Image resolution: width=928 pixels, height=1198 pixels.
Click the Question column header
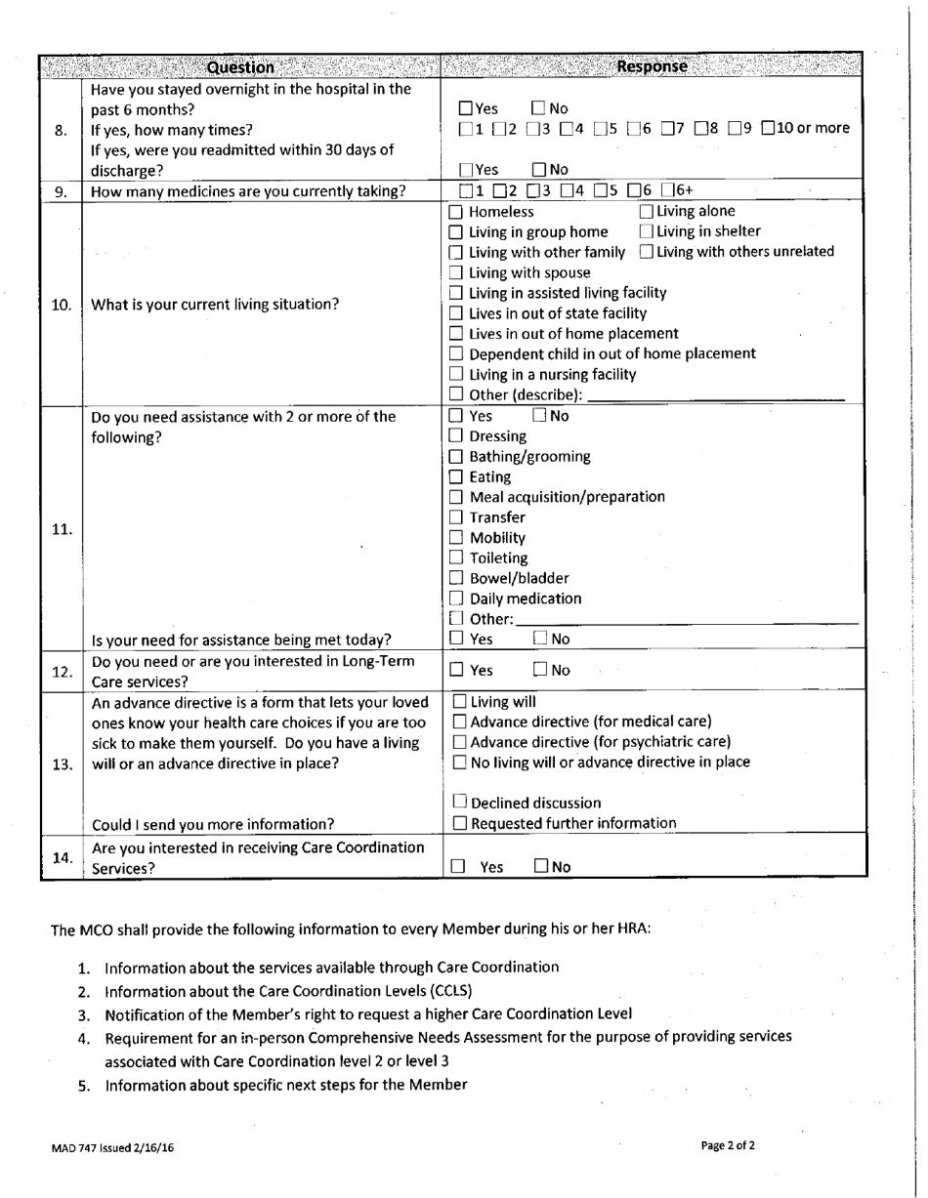pyautogui.click(x=240, y=67)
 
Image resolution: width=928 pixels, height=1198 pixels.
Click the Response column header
pyautogui.click(x=653, y=67)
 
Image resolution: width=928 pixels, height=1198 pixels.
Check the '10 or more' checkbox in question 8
pyautogui.click(x=769, y=128)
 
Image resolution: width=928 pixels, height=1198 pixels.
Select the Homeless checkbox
pyautogui.click(x=455, y=212)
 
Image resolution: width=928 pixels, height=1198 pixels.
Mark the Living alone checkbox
pyautogui.click(x=647, y=211)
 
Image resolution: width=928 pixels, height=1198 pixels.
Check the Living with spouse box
pyautogui.click(x=455, y=273)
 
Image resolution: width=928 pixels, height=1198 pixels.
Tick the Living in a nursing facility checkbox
pyautogui.click(x=455, y=375)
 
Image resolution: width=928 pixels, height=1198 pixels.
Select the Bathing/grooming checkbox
pyautogui.click(x=456, y=457)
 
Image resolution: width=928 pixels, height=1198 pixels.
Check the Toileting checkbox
pyautogui.click(x=456, y=558)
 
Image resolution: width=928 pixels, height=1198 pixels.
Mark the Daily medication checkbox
pyautogui.click(x=456, y=599)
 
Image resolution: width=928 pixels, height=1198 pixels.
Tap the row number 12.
pyautogui.click(x=62, y=672)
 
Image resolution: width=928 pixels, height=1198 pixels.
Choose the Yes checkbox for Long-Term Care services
pyautogui.click(x=456, y=671)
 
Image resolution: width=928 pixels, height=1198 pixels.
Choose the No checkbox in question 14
pyautogui.click(x=541, y=866)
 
